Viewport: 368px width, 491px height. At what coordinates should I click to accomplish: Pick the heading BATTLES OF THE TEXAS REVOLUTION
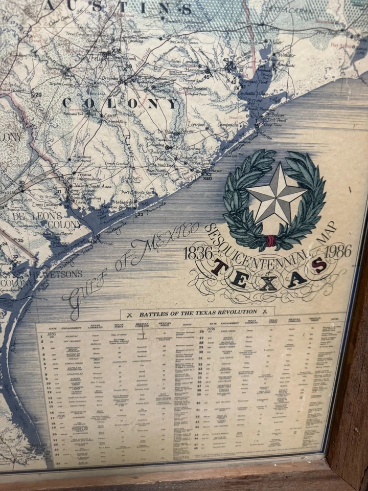click(198, 312)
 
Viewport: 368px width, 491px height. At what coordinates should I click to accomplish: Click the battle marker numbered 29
click(37, 95)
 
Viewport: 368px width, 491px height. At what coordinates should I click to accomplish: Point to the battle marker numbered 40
click(207, 178)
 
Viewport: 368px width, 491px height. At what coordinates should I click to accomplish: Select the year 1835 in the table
click(52, 334)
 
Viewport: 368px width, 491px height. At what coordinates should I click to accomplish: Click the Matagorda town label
click(123, 203)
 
